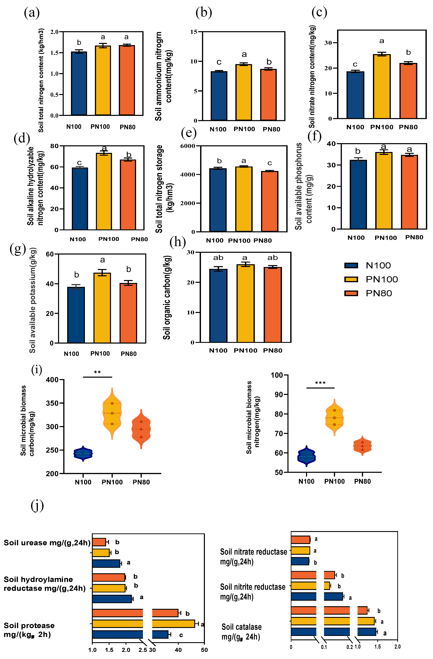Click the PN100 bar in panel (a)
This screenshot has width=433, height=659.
[x=103, y=80]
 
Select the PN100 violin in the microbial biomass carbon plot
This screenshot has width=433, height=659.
[x=112, y=413]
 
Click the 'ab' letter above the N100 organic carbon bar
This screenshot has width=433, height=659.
[x=218, y=258]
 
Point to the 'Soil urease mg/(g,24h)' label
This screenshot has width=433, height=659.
[x=47, y=543]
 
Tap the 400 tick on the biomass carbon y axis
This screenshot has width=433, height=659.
[x=52, y=380]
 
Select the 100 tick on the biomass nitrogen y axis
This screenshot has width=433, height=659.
[x=276, y=375]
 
